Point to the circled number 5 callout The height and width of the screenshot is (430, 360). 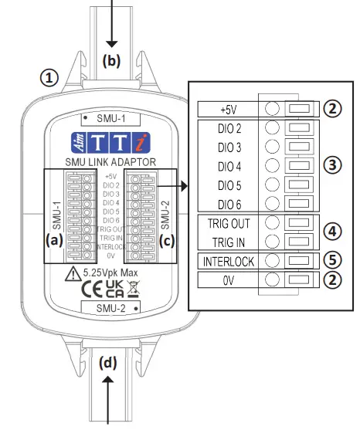[x=331, y=260]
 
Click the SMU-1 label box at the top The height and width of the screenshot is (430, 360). [x=110, y=119]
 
